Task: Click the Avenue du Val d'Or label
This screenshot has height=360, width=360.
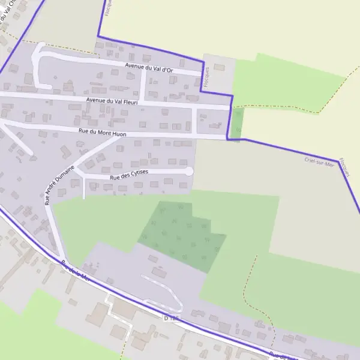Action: click(149, 68)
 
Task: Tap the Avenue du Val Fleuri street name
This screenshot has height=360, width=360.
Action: click(112, 101)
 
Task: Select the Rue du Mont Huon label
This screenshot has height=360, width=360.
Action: click(102, 132)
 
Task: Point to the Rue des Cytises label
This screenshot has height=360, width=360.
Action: click(129, 175)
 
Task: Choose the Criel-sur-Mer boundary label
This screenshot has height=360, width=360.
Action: click(319, 161)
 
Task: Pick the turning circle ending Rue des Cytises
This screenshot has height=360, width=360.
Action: click(189, 172)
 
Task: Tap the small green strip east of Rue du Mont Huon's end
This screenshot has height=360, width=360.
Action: click(238, 122)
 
